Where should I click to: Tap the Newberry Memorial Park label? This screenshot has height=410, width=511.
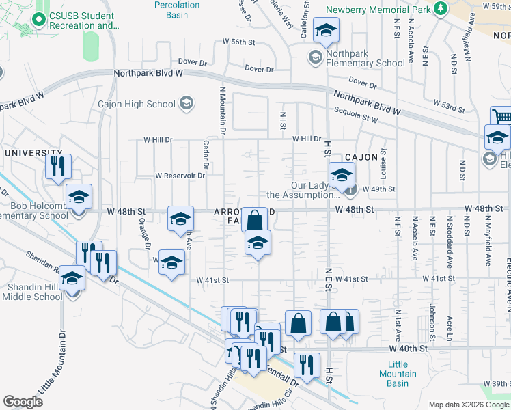point(378,10)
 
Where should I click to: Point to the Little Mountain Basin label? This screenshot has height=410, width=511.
point(398,374)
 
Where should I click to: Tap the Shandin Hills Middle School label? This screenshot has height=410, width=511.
point(33,292)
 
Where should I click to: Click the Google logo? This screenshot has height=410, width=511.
point(23,401)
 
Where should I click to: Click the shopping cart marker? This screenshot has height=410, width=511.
point(501,117)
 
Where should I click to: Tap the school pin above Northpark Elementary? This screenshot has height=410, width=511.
point(327,29)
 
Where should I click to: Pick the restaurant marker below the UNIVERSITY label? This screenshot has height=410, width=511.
point(57,165)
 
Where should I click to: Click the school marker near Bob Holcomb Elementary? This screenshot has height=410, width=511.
point(79,197)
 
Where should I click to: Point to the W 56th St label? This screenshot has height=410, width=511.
point(238,42)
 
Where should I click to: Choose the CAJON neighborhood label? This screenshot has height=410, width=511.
point(361,157)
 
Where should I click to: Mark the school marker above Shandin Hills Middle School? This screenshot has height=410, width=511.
point(72,277)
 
